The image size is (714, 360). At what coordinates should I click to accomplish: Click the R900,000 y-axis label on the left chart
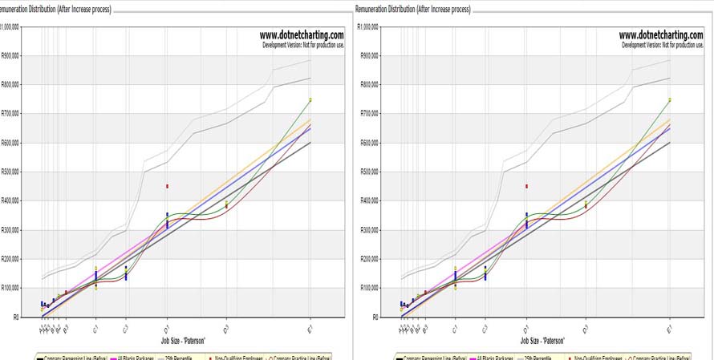coord(10,55)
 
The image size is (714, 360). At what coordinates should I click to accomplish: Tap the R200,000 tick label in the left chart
coord(10,259)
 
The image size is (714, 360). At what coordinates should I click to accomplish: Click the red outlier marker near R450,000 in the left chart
coord(167,186)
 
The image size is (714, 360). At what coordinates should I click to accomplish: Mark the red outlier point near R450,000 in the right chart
coord(526,186)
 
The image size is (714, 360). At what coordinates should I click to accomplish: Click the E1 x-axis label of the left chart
coord(310,328)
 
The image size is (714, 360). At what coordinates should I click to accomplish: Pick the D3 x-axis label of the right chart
coord(586,328)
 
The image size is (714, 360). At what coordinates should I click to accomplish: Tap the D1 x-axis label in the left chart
coord(166,328)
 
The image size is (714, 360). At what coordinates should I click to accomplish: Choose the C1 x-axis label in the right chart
coord(455,328)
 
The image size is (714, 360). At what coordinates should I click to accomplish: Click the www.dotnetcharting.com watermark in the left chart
coord(302,35)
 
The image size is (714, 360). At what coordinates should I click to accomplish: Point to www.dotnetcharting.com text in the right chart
coord(661,35)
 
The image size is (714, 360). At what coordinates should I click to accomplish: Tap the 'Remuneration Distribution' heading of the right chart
coord(414,10)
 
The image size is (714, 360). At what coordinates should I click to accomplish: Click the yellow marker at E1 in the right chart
coord(670,99)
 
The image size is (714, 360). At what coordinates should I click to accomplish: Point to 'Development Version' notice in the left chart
coord(303,45)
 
